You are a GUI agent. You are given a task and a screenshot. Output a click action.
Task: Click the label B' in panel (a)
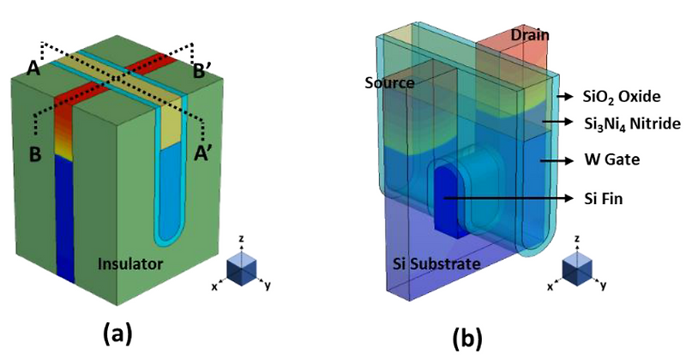coord(202,69)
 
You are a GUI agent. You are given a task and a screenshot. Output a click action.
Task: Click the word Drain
coord(529,34)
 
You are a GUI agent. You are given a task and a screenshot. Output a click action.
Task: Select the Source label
coord(388,83)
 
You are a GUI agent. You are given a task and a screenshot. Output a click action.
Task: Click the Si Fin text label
coord(599,198)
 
